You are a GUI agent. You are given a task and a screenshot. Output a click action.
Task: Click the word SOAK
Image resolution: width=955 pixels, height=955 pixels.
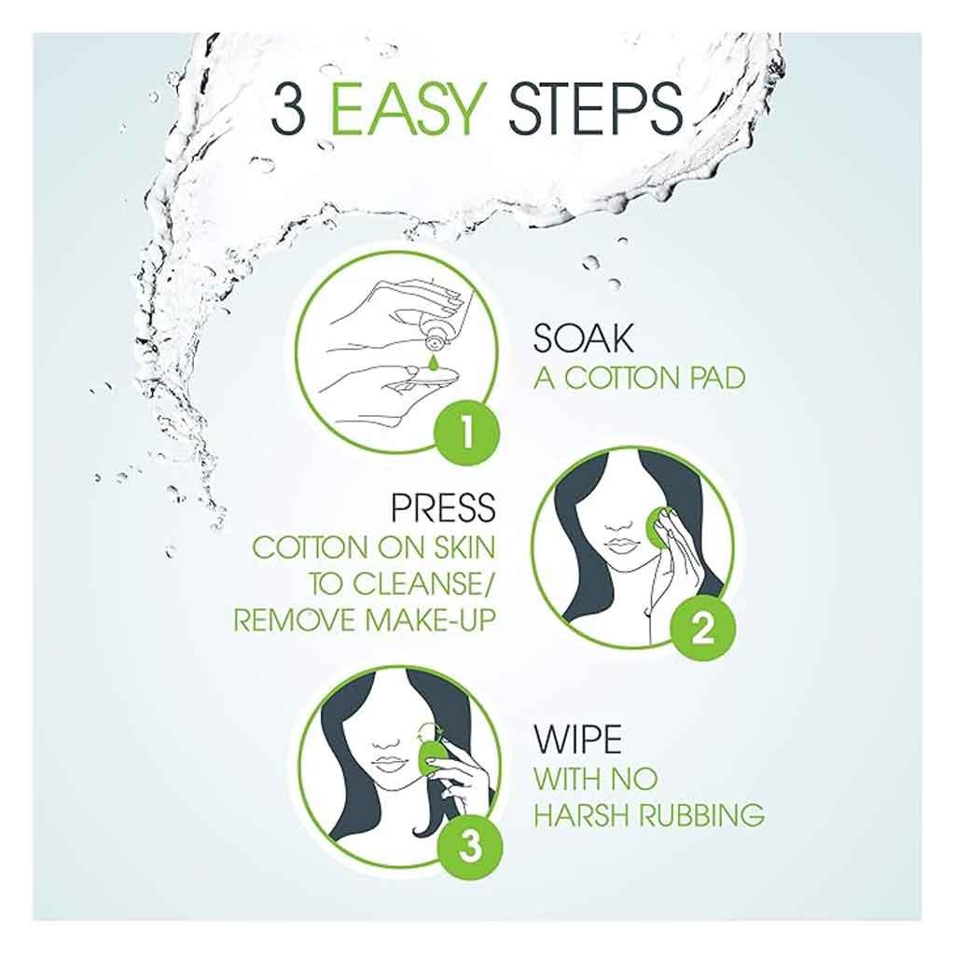coord(583,338)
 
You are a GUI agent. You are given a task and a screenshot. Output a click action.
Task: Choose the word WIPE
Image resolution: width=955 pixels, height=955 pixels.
coord(577,739)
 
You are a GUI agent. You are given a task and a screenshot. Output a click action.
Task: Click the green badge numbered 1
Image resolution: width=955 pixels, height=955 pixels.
coord(466,434)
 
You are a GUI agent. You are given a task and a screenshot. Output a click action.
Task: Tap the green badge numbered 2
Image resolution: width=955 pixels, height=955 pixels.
coord(702,628)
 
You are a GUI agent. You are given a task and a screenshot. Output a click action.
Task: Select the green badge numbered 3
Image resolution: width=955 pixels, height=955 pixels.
coord(470,847)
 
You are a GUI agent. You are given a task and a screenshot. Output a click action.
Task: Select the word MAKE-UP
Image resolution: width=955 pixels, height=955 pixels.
coord(430,620)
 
